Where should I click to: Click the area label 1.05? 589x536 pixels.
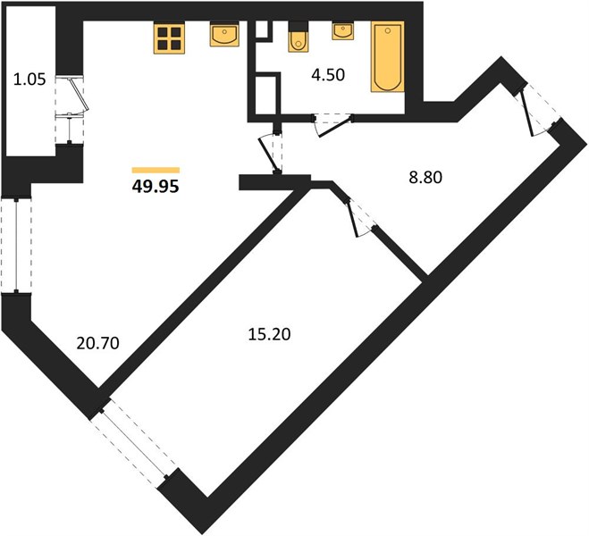[29, 80]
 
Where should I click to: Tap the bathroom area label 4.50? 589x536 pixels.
[328, 75]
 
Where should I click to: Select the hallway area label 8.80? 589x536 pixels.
[425, 177]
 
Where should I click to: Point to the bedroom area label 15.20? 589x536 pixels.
[269, 334]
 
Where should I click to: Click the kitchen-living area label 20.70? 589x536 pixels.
[97, 343]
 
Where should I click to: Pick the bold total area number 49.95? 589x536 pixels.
[156, 186]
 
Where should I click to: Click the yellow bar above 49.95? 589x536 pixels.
[156, 170]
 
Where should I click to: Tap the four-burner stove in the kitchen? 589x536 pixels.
[169, 38]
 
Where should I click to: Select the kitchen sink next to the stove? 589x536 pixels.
[224, 34]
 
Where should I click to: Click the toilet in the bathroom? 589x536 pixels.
[299, 38]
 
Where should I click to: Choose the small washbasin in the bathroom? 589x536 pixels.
[342, 30]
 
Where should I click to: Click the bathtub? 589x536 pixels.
[388, 56]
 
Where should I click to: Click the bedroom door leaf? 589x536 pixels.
[353, 219]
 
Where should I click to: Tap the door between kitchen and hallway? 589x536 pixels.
[270, 155]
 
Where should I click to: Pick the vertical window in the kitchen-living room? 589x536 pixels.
[16, 245]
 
